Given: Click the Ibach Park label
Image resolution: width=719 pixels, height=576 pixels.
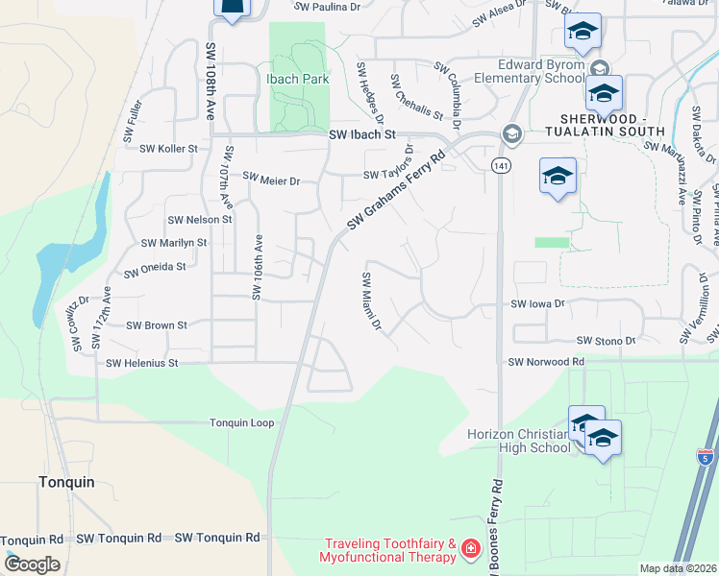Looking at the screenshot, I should [x=297, y=79].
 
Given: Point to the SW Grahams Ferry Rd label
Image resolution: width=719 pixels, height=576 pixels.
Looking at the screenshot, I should [x=396, y=189].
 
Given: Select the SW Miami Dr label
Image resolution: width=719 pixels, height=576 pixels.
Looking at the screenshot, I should [x=372, y=302].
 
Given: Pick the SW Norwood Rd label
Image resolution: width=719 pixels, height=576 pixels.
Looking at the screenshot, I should [x=546, y=362].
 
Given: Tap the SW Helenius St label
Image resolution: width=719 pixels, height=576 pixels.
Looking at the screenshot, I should [x=142, y=363].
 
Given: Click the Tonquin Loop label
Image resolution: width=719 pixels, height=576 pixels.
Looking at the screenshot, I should [x=242, y=422].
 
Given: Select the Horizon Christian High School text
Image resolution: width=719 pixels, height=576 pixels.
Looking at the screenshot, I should [x=518, y=441].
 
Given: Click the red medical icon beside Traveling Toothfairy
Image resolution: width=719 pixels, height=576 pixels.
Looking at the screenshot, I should [x=471, y=549].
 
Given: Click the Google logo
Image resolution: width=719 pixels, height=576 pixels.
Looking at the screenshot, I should [x=32, y=564].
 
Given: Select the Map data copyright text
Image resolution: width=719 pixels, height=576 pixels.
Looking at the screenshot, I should [x=678, y=568].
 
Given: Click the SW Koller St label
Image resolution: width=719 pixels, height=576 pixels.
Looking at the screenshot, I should [x=168, y=149].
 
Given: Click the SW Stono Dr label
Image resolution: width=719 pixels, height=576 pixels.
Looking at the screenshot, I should [x=607, y=341].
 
